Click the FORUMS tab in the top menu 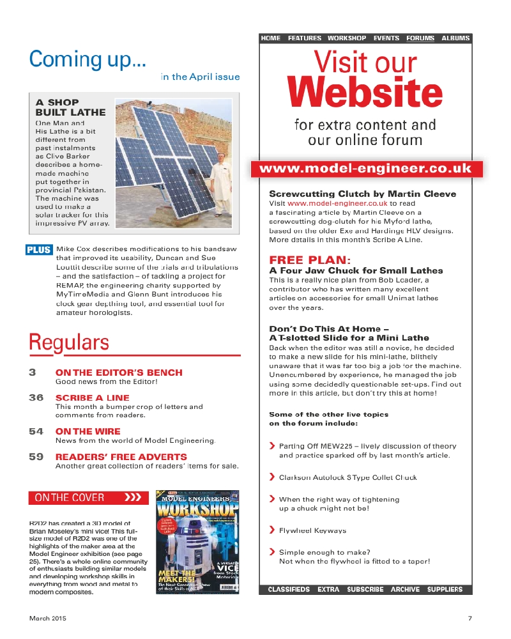(420, 38)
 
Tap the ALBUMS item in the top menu (455, 38)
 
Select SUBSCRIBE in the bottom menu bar (365, 589)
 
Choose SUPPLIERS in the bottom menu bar (445, 589)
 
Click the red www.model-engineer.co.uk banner (367, 169)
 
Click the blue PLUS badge (39, 250)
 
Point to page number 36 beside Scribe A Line (36, 397)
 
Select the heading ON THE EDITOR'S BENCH (119, 373)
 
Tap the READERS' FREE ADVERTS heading (121, 457)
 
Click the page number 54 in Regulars (36, 431)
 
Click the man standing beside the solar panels (221, 188)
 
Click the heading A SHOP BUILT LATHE (70, 107)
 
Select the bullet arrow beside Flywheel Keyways (273, 530)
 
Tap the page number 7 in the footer (469, 619)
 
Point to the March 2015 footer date (47, 619)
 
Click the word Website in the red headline (365, 93)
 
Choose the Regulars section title (69, 343)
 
